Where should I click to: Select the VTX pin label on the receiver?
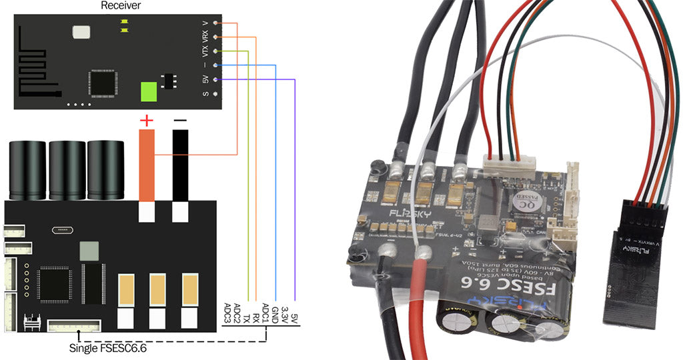coord(205,51)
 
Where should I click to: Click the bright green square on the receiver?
coord(149,91)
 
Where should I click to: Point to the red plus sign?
coord(146,121)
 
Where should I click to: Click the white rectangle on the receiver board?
coord(80,32)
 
